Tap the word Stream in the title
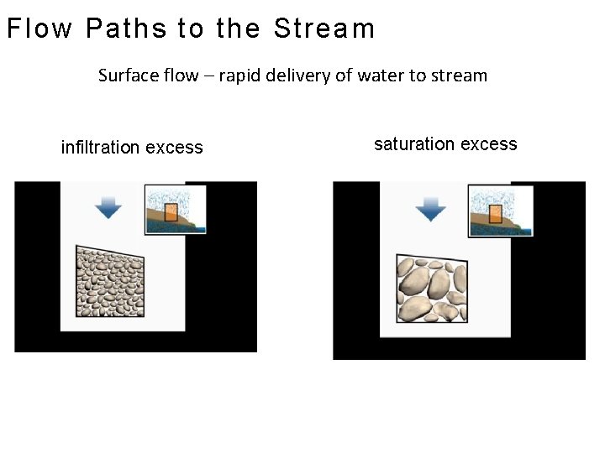(324, 29)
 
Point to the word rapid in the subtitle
(241, 75)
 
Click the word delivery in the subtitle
(298, 75)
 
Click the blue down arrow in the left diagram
(108, 206)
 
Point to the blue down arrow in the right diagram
(431, 207)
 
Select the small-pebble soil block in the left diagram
(110, 282)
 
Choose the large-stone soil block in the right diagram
(432, 289)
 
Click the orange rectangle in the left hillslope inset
(171, 211)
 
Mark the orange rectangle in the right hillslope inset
(496, 213)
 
